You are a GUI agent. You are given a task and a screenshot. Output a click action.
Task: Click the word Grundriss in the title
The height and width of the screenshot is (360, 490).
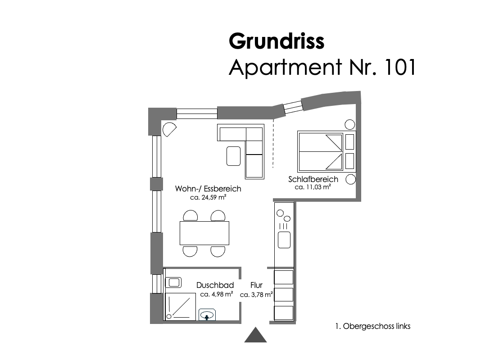pyautogui.click(x=277, y=41)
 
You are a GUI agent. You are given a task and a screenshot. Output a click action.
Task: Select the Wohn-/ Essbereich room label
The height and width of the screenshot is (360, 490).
pyautogui.click(x=208, y=189)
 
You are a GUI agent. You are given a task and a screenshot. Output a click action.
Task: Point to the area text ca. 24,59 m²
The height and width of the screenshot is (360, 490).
pyautogui.click(x=208, y=197)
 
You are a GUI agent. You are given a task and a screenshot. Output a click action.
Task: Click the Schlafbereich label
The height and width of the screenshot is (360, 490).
pyautogui.click(x=313, y=179)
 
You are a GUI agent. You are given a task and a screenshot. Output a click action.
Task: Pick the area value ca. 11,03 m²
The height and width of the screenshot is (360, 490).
pyautogui.click(x=313, y=187)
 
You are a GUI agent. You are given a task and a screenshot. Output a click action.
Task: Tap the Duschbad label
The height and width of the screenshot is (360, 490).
pyautogui.click(x=215, y=285)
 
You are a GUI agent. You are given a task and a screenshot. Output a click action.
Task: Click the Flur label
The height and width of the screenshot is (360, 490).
pyautogui.click(x=256, y=285)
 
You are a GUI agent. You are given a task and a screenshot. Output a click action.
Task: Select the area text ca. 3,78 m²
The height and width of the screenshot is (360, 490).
pyautogui.click(x=257, y=294)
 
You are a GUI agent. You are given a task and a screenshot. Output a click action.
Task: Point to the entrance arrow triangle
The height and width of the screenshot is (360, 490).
pyautogui.click(x=256, y=335)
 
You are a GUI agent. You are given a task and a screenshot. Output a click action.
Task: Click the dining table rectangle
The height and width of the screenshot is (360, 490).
pyautogui.click(x=204, y=233)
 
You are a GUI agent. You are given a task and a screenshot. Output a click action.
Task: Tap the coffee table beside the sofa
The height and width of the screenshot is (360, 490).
pyautogui.click(x=233, y=156)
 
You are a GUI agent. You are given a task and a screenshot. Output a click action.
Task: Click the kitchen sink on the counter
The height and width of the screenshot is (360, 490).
pyautogui.click(x=284, y=240)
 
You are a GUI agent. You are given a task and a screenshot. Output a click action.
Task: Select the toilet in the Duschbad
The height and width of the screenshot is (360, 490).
pyautogui.click(x=207, y=314)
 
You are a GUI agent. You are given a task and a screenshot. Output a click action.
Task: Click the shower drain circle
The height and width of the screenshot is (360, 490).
pyautogui.click(x=169, y=317)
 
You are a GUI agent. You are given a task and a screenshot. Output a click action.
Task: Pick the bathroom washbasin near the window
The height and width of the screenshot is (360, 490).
pyautogui.click(x=173, y=283)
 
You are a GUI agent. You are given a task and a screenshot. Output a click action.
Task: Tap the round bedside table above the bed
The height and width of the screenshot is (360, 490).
pyautogui.click(x=349, y=125)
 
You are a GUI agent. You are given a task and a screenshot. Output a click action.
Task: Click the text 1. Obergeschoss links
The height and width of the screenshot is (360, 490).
pyautogui.click(x=373, y=326)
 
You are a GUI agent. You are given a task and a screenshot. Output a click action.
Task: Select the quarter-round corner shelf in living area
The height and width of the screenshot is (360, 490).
pyautogui.click(x=169, y=129)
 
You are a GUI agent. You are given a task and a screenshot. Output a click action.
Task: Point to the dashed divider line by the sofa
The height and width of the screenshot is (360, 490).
pyautogui.click(x=273, y=143)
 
